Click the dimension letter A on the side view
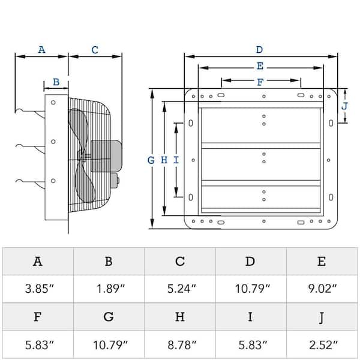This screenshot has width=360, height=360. coord(41,50)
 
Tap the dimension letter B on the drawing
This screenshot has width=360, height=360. coord(56,82)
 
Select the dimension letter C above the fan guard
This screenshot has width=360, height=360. coord(95,50)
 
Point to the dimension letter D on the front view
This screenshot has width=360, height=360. coord(259,50)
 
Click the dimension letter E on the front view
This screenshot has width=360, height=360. coord(259,66)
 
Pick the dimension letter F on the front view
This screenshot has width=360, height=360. coord(259,82)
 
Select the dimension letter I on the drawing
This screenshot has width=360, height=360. coord(175,160)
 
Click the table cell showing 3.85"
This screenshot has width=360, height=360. coord(37,289)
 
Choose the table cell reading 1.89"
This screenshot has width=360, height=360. coord(108,289)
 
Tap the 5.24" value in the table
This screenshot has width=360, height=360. coord(179,289)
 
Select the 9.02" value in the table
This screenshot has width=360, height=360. coord(322,289)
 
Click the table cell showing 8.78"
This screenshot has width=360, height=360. coord(179,346)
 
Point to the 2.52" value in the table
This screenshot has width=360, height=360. coord(322,346)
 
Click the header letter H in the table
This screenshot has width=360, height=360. coord(179,317)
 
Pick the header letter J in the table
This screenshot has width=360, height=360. coord(322,317)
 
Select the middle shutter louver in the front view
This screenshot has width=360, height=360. coord(260,163)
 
